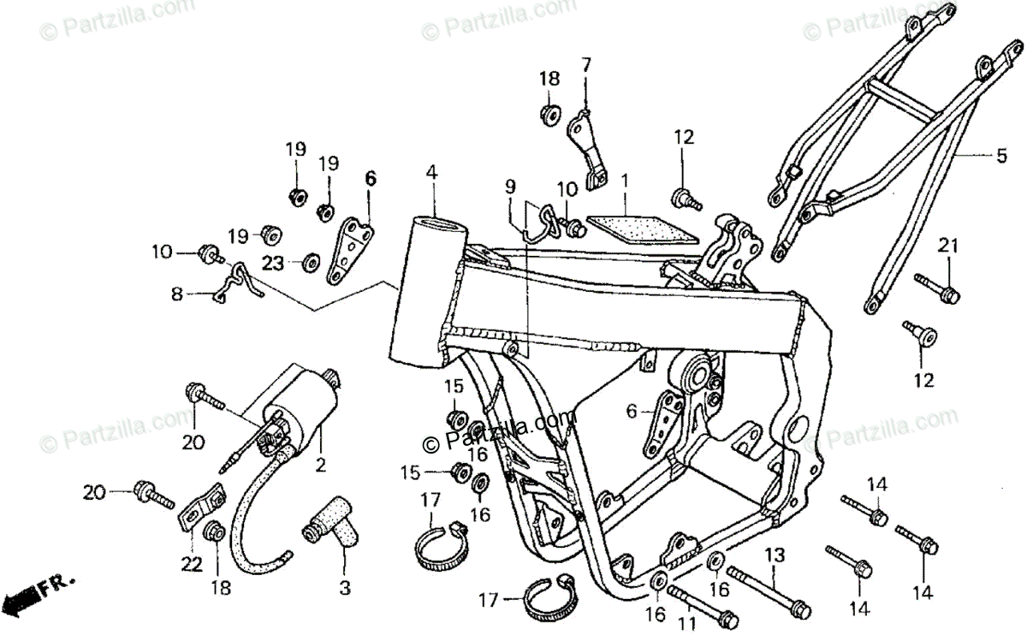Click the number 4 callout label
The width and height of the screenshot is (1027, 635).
(x=431, y=173)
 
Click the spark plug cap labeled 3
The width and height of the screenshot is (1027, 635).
(x=330, y=527)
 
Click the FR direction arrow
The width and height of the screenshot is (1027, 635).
(x=39, y=588)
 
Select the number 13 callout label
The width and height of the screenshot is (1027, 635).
(x=774, y=555)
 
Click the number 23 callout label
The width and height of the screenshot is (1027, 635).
(x=272, y=264)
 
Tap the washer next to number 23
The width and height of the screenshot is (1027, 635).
(x=309, y=261)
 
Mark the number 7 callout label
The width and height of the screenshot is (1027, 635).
(x=585, y=64)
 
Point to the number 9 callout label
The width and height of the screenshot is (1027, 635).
(x=510, y=186)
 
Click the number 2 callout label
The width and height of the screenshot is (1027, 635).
(x=321, y=466)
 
